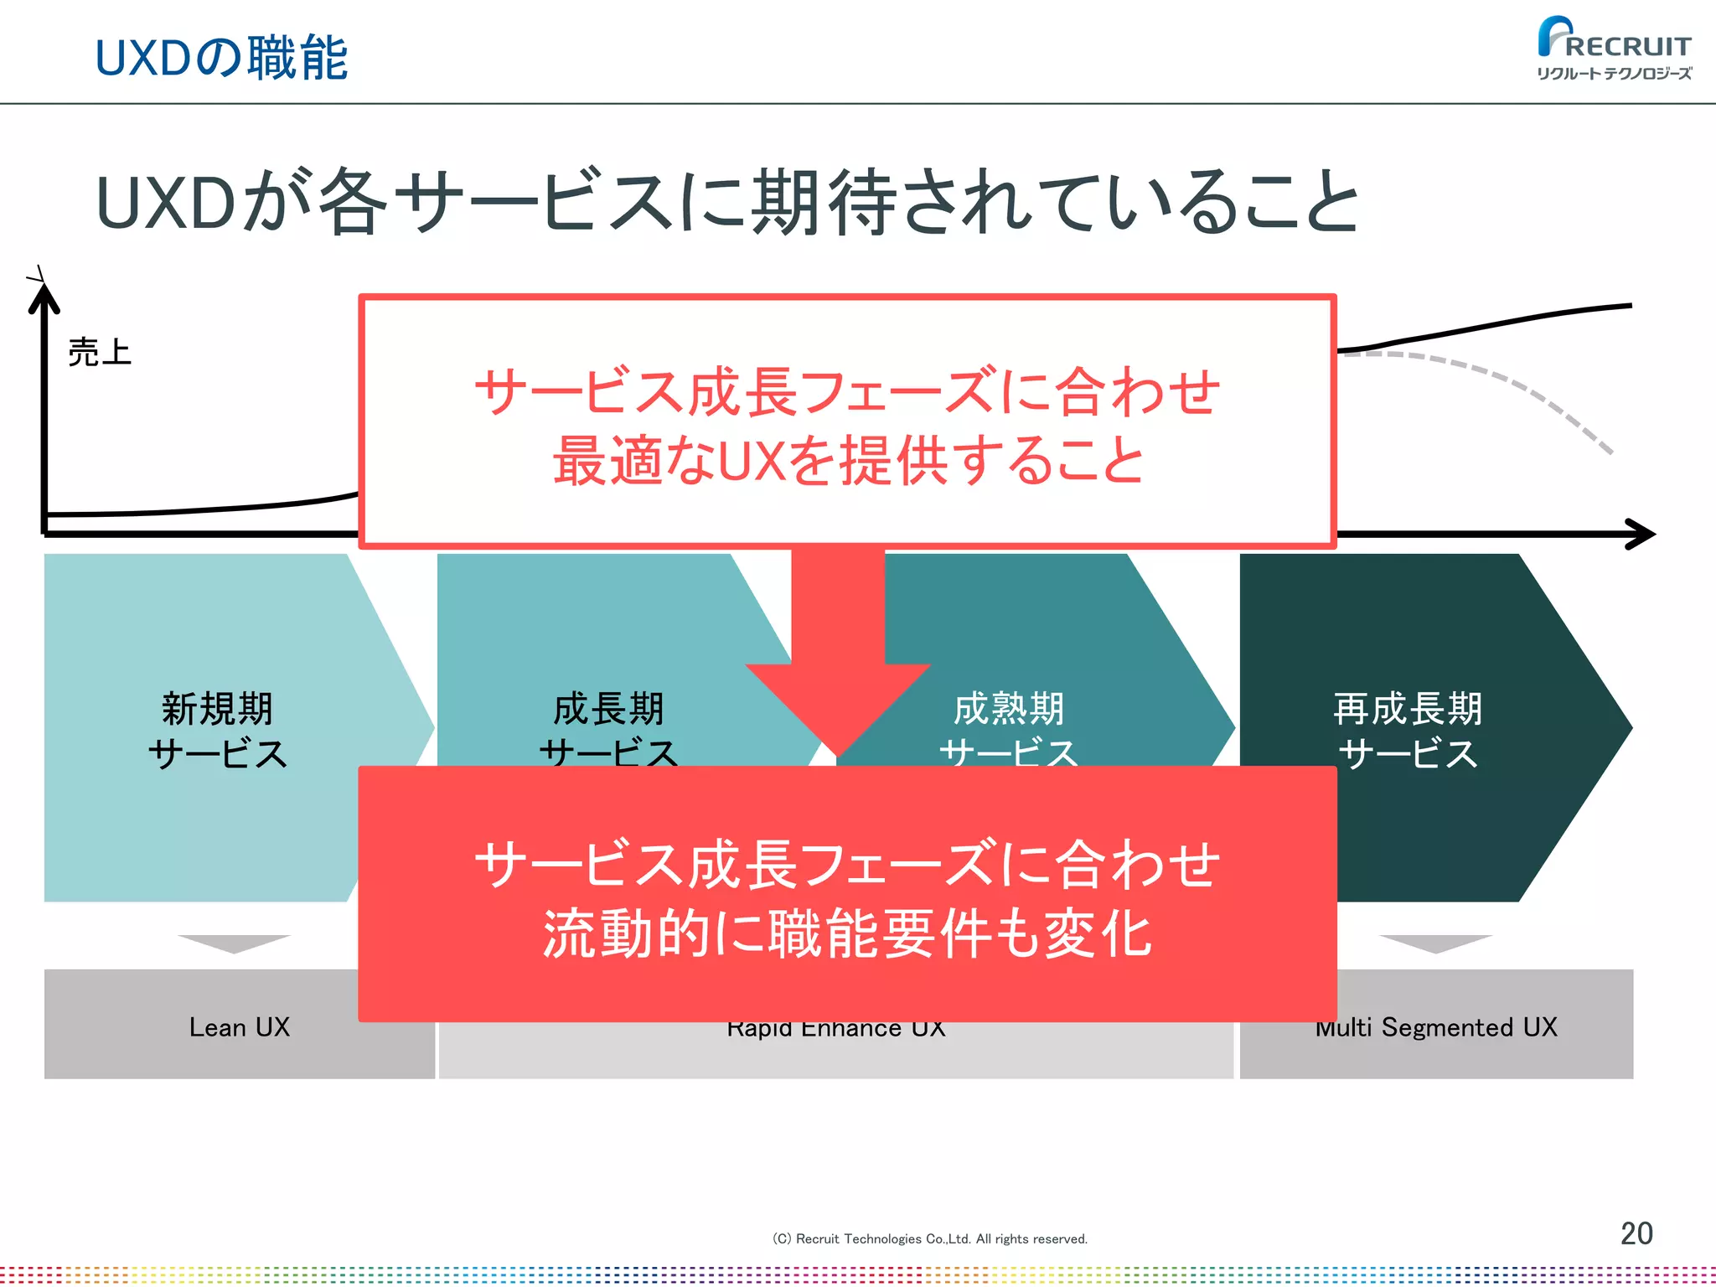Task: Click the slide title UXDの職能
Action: (221, 59)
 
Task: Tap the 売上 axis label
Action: (100, 353)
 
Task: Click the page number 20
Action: (1636, 1233)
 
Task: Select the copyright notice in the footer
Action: (929, 1239)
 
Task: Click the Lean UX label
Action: (240, 1027)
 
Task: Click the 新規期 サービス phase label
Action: (217, 731)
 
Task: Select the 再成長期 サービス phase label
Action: (1408, 731)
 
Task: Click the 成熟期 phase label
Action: (1009, 709)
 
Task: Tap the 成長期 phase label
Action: (609, 709)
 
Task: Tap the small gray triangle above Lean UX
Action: (234, 943)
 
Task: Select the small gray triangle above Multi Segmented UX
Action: (1435, 943)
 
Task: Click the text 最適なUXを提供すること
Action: (848, 461)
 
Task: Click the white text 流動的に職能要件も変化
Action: (848, 934)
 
